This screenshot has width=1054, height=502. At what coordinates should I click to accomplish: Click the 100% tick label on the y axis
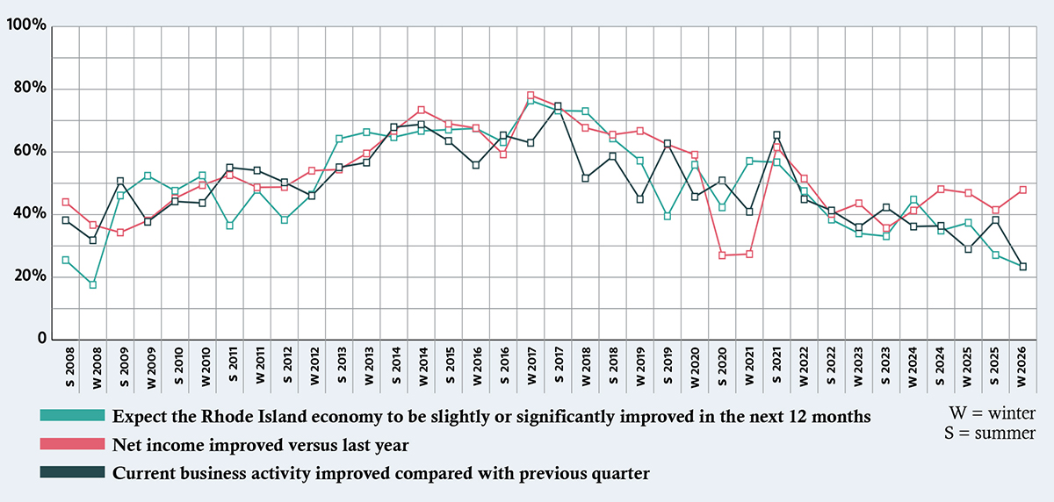click(x=25, y=26)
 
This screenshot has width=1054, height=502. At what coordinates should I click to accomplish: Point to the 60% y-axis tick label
click(x=30, y=152)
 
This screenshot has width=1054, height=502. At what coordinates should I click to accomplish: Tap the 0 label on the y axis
click(x=40, y=340)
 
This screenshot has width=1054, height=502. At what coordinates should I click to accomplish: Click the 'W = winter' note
click(x=992, y=412)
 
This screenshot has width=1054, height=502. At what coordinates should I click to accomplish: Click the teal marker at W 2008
click(x=92, y=284)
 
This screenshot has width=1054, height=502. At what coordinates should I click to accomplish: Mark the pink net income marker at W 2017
click(x=531, y=95)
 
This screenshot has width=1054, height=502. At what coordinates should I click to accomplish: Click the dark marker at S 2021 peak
click(x=776, y=135)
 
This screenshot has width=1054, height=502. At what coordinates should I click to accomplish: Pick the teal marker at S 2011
click(x=229, y=226)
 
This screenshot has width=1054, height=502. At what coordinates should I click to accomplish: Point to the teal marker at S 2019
click(x=668, y=216)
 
